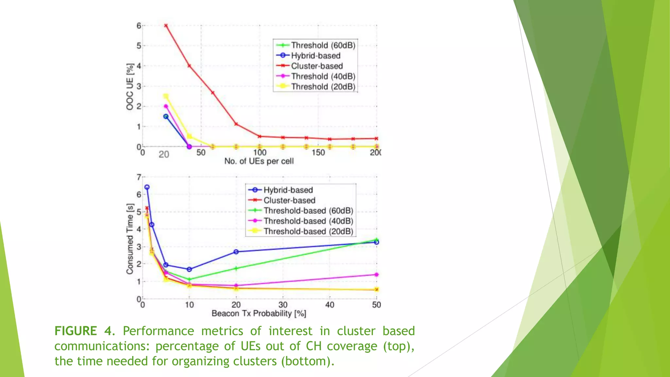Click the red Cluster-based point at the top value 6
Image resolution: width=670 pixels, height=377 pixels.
(166, 26)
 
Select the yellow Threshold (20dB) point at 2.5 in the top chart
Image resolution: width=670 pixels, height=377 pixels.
(166, 96)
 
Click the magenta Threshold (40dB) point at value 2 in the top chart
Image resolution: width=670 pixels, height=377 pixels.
(166, 106)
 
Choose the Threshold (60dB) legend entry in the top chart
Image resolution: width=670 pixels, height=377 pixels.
(323, 45)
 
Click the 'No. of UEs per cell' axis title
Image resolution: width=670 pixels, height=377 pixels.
(259, 161)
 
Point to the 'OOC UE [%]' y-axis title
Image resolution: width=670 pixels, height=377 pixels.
(130, 87)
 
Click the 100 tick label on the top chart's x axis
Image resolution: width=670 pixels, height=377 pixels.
(260, 153)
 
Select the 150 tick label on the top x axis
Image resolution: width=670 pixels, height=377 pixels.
(318, 153)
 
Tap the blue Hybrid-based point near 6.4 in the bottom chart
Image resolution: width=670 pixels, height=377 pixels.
(147, 187)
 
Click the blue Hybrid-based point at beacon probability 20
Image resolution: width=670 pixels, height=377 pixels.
(236, 252)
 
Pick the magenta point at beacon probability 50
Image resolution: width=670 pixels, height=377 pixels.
(377, 275)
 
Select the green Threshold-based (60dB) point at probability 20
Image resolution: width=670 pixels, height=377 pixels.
(236, 268)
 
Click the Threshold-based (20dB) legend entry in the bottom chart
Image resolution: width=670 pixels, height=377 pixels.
(308, 231)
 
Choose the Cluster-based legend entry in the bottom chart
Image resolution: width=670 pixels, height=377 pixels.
(289, 200)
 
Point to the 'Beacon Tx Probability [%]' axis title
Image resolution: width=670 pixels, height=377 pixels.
(259, 314)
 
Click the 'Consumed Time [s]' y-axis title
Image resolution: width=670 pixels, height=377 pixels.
(130, 239)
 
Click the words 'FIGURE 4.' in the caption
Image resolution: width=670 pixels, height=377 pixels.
(84, 331)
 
